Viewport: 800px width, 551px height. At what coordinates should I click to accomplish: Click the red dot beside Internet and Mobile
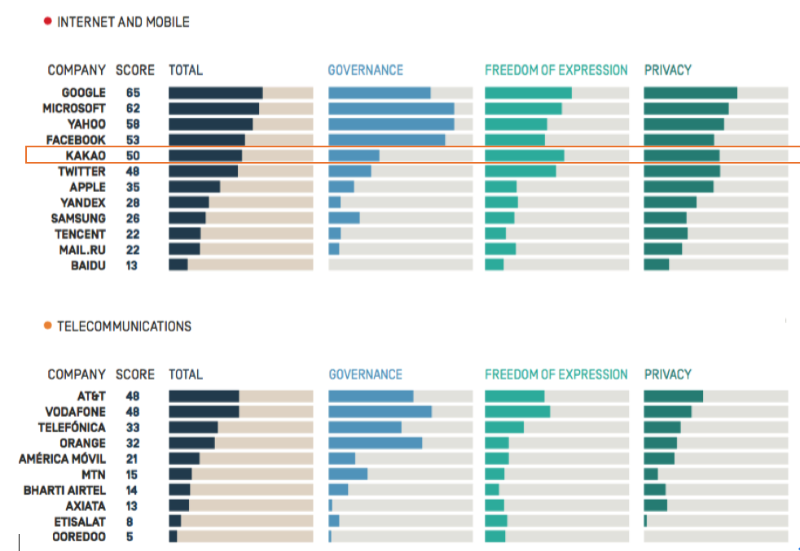click(47, 22)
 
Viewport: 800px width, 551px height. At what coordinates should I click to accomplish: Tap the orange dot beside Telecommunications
click(47, 326)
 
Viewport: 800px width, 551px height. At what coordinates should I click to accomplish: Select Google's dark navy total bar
click(215, 94)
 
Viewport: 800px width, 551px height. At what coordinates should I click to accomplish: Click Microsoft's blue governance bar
click(391, 109)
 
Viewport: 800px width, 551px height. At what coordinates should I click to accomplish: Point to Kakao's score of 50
click(133, 155)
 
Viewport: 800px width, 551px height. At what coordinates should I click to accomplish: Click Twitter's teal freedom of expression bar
click(520, 172)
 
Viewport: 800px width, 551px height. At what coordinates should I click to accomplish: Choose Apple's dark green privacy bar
click(678, 187)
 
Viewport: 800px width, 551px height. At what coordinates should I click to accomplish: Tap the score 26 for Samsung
click(133, 218)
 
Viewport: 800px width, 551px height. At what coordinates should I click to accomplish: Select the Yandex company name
click(83, 203)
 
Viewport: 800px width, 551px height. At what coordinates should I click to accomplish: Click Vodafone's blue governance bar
click(380, 412)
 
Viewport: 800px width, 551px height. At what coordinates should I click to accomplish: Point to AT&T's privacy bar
click(673, 396)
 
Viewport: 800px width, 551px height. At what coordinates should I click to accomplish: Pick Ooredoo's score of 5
click(130, 537)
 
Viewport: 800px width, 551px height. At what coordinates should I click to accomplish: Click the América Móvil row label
click(63, 459)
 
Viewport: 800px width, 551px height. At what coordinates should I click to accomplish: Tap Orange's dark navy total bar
click(191, 444)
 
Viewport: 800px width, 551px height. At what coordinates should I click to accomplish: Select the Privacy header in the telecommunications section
click(667, 374)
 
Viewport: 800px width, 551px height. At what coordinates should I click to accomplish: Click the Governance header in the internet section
click(365, 70)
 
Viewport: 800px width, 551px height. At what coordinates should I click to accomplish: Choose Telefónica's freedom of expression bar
click(503, 427)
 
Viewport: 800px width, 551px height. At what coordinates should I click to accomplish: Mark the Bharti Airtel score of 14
click(132, 490)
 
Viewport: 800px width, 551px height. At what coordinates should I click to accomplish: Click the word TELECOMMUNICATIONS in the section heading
click(124, 326)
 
